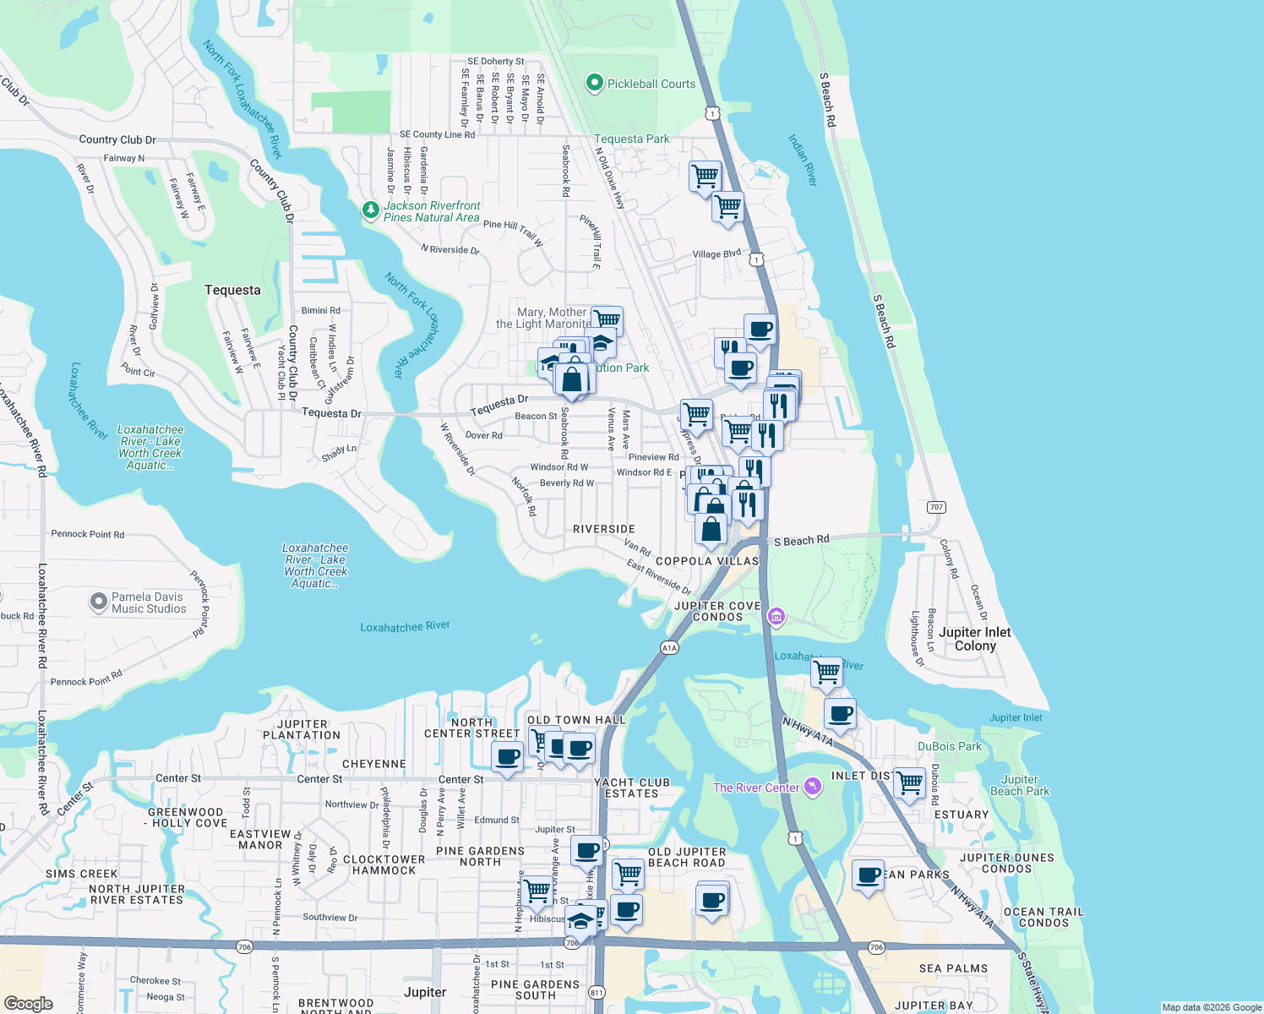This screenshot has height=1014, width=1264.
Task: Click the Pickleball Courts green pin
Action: click(594, 83)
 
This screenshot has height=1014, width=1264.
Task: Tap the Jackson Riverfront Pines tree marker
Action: click(370, 210)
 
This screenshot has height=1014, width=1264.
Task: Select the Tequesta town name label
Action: click(232, 290)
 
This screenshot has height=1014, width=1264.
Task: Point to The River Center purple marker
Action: click(812, 787)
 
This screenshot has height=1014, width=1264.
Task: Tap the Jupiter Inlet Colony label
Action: click(975, 639)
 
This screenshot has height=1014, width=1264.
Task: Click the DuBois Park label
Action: click(950, 746)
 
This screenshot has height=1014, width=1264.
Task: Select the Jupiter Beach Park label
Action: click(1020, 786)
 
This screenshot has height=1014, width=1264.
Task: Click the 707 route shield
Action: click(935, 507)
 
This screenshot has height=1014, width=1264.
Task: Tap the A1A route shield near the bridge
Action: click(669, 648)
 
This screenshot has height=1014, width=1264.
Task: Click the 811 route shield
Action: click(597, 993)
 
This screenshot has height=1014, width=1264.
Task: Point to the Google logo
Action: click(28, 1004)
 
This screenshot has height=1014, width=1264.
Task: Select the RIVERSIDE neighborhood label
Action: click(604, 529)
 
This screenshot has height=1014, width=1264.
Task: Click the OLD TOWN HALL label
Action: click(576, 720)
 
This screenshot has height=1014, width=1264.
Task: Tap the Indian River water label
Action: click(803, 160)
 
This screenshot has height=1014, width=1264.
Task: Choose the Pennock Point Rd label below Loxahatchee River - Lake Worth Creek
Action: click(87, 534)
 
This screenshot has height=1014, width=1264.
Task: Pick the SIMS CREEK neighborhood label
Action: click(82, 874)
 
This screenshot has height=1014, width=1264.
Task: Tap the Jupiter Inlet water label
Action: click(1016, 717)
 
